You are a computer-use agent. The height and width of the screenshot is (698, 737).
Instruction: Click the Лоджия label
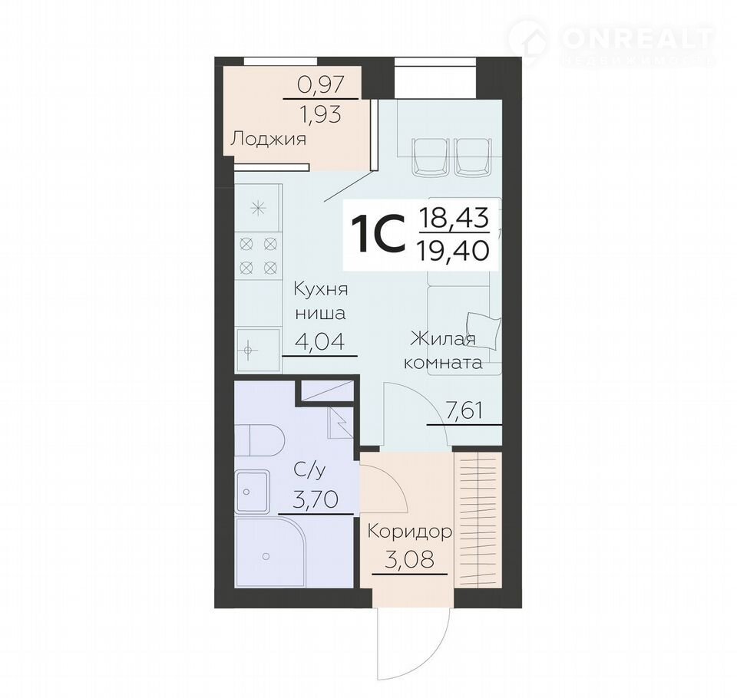click(269, 139)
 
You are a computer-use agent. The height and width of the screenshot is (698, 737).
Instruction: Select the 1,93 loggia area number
click(322, 114)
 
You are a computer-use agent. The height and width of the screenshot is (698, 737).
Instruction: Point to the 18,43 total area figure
click(454, 219)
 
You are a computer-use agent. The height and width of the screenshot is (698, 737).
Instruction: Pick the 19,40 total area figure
click(454, 249)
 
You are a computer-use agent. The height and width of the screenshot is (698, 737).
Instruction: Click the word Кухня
click(321, 290)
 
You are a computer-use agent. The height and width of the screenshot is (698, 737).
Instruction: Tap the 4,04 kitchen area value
click(319, 341)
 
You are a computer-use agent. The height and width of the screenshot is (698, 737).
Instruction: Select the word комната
click(444, 363)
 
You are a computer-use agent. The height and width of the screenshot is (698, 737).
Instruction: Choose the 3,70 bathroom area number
click(315, 499)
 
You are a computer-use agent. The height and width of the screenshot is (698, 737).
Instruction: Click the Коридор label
click(410, 532)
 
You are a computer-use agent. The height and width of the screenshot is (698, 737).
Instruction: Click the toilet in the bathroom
click(259, 440)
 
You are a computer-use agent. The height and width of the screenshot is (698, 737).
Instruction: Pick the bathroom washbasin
click(253, 492)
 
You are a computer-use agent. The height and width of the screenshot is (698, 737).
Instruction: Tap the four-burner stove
click(258, 256)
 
